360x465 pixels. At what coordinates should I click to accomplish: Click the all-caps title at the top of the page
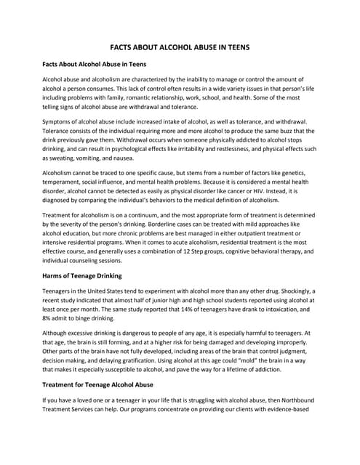(180, 46)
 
